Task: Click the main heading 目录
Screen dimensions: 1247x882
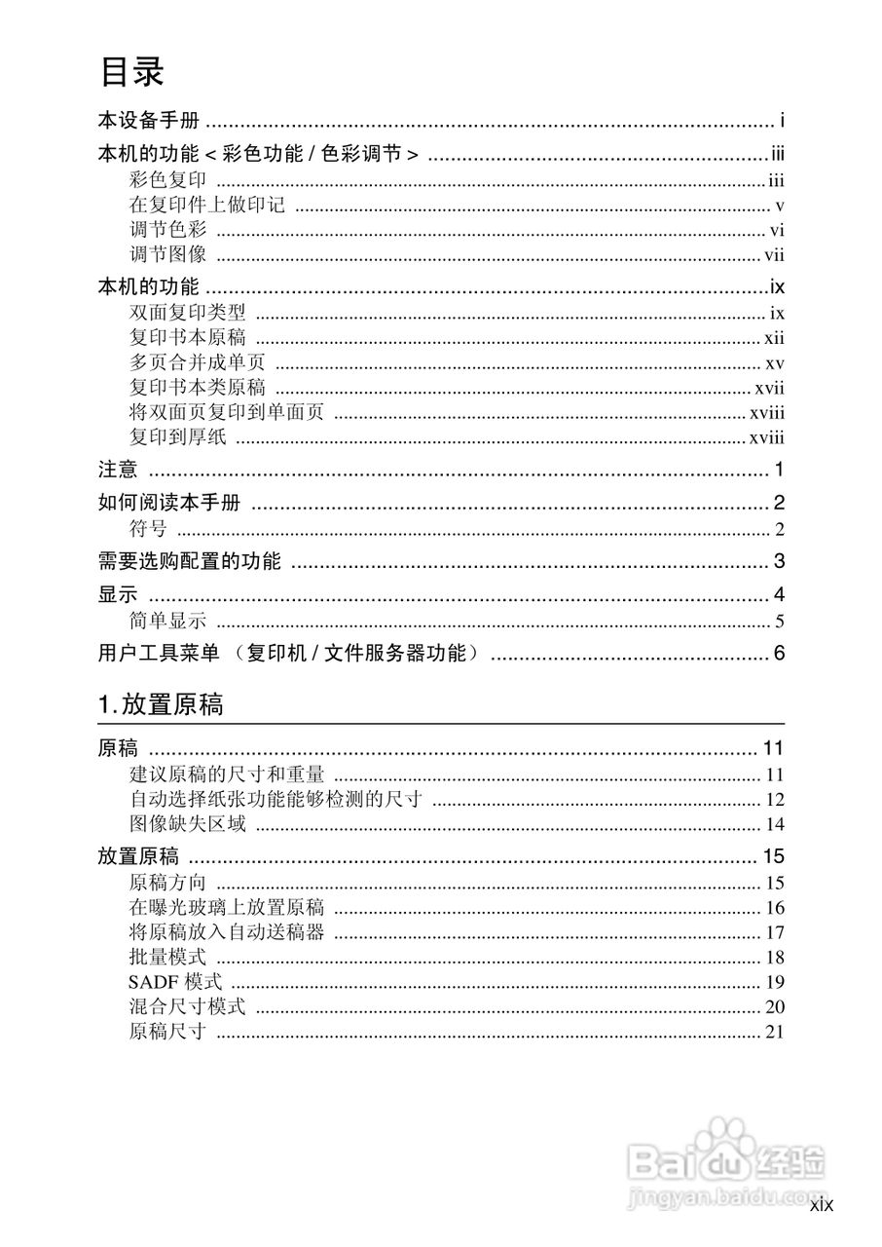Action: tap(131, 72)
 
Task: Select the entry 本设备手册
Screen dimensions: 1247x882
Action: tap(148, 122)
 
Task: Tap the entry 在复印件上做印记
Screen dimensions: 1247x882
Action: tap(206, 206)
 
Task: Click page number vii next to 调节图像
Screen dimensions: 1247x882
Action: tap(774, 256)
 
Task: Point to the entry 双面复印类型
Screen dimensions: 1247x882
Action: tap(187, 314)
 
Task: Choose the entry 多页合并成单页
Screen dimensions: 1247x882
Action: tap(197, 363)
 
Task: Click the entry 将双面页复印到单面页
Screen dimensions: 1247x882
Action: tap(226, 413)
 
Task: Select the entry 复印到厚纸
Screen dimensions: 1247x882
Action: tap(177, 437)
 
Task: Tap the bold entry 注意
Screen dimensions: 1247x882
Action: tap(118, 472)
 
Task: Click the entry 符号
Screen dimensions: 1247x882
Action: tap(148, 530)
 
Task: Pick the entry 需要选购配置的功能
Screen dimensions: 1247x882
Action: tap(189, 562)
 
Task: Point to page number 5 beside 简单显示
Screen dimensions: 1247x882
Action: tap(780, 623)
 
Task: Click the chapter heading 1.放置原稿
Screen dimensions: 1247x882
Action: tap(161, 704)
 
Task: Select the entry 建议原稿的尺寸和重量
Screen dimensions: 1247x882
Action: tap(226, 775)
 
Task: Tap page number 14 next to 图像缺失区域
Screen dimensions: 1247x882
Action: tap(775, 825)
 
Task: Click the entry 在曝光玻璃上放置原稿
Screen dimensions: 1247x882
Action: tap(226, 908)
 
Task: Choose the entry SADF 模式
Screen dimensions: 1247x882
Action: tap(175, 982)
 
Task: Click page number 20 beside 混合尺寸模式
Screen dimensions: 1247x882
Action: tap(775, 1007)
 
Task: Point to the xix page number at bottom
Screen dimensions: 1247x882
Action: tap(822, 1206)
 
